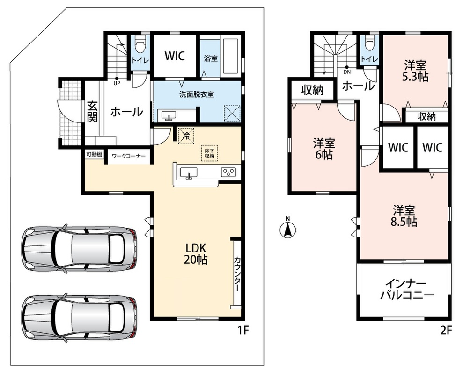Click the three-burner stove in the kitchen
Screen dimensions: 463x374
(x=229, y=172)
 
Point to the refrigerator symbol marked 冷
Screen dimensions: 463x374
(x=186, y=136)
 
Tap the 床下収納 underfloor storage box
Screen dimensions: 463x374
(x=209, y=153)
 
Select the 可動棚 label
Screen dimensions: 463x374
(x=94, y=154)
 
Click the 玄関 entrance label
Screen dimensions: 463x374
(x=92, y=112)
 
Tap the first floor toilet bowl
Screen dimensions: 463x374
(x=140, y=45)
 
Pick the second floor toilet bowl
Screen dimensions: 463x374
(x=369, y=44)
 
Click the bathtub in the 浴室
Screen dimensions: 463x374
(x=232, y=57)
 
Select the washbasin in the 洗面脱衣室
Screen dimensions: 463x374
(x=169, y=115)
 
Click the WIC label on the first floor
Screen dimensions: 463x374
(x=175, y=56)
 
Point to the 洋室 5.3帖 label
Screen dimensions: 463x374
(x=415, y=70)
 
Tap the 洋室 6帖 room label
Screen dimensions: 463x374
(x=324, y=149)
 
